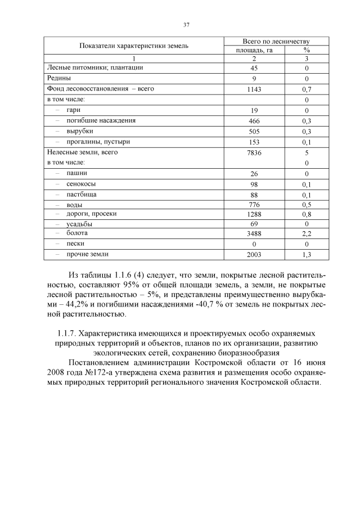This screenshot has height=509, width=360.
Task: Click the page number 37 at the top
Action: pos(186,24)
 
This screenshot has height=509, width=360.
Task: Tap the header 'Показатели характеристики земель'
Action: pos(134,46)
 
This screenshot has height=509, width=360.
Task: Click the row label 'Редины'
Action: pos(58,78)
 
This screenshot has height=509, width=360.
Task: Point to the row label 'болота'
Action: pos(77,232)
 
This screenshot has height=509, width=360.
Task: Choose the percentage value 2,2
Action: pos(307,233)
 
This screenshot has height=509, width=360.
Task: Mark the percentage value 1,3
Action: pos(307,255)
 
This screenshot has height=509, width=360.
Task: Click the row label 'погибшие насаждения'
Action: pos(101,120)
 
